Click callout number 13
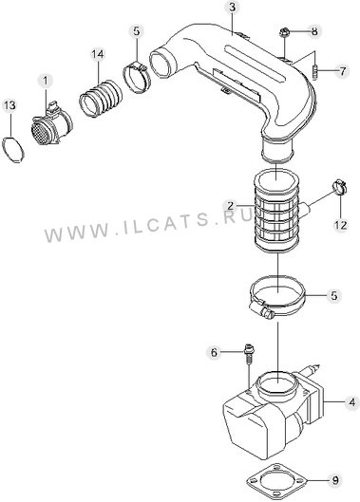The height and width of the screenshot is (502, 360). [x=9, y=105]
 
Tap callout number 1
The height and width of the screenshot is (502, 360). [x=46, y=81]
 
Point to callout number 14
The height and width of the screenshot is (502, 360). [x=98, y=54]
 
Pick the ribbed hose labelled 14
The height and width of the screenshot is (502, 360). [x=101, y=99]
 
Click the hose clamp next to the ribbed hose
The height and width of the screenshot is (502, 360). [x=137, y=77]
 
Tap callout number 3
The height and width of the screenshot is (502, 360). [x=232, y=8]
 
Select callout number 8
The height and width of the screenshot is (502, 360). [x=314, y=31]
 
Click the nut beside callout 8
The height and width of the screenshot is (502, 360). [x=283, y=32]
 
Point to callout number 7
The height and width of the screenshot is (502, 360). [x=342, y=71]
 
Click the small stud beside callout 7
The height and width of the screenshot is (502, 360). [x=314, y=73]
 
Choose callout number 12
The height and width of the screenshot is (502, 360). [x=340, y=226]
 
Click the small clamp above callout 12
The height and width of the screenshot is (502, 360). [x=339, y=187]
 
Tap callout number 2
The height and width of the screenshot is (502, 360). [x=232, y=206]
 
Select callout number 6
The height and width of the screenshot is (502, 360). [x=214, y=352]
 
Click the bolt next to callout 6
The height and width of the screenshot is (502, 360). [x=248, y=354]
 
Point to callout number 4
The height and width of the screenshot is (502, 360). [x=352, y=402]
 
